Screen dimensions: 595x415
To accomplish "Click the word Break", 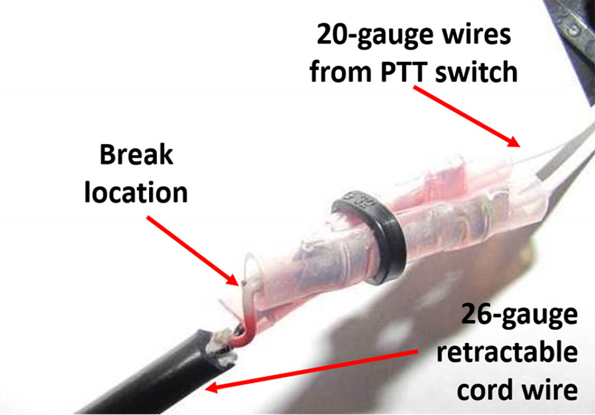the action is pos(137,155).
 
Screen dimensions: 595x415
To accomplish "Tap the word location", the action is pos(136,192).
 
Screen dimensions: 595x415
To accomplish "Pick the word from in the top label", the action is pos(341,71).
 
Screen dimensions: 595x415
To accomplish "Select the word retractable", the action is pos(507,352).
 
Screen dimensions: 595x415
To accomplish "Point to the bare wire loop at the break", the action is pos(251,269).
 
